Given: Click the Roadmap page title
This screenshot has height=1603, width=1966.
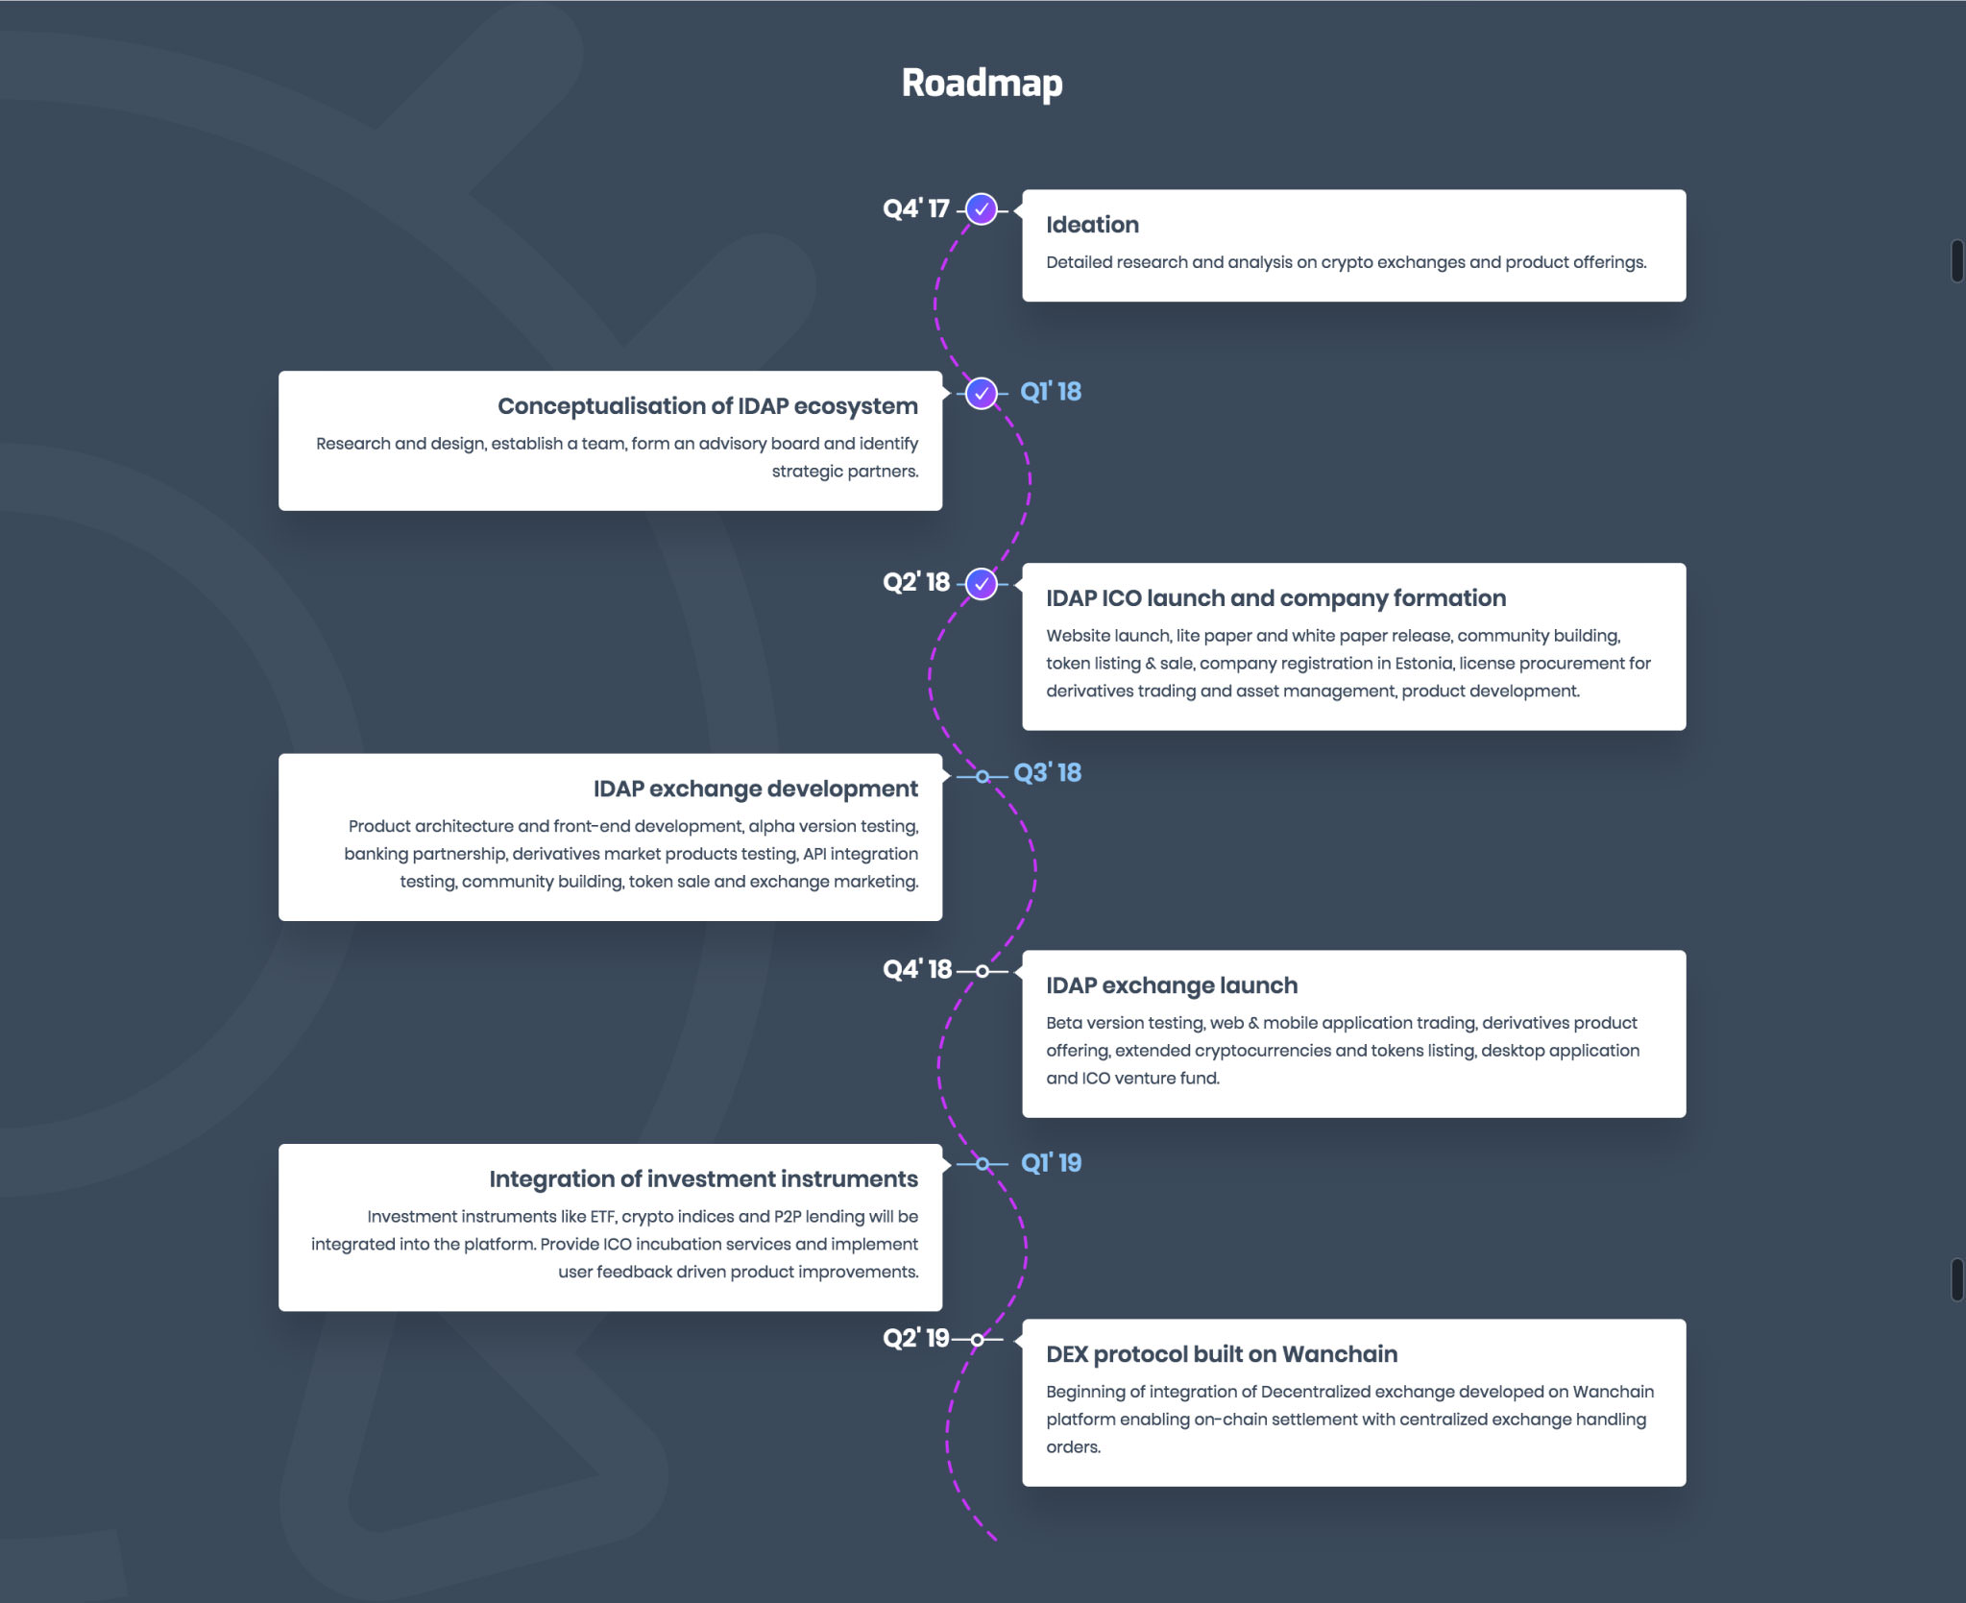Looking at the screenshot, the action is pyautogui.click(x=982, y=84).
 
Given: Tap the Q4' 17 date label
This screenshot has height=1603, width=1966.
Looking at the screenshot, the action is pyautogui.click(x=916, y=208).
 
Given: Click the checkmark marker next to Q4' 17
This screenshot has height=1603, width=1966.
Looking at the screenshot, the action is pyautogui.click(x=981, y=209).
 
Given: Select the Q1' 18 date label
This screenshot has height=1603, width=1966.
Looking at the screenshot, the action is pyautogui.click(x=1051, y=392).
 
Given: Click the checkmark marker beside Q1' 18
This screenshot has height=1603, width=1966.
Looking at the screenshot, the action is pyautogui.click(x=981, y=393).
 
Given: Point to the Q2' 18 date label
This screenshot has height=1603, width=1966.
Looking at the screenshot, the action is pyautogui.click(x=916, y=582).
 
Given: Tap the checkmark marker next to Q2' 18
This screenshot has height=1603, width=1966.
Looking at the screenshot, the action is pyautogui.click(x=981, y=583).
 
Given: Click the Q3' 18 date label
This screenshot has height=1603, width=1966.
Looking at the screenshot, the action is pyautogui.click(x=1048, y=773).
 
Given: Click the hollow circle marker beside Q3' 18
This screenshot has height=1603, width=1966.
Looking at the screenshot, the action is pyautogui.click(x=982, y=776).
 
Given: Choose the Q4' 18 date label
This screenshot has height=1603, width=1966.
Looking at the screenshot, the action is pyautogui.click(x=917, y=969).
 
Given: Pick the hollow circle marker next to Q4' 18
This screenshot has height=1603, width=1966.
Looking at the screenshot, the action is pyautogui.click(x=982, y=971).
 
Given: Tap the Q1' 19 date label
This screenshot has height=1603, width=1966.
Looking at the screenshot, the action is pyautogui.click(x=1052, y=1163).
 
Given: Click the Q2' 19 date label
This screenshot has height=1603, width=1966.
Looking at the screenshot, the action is pyautogui.click(x=916, y=1338).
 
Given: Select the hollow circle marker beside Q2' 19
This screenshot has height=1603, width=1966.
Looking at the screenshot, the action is pyautogui.click(x=977, y=1340).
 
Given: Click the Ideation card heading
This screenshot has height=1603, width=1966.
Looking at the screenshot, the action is pyautogui.click(x=1092, y=225).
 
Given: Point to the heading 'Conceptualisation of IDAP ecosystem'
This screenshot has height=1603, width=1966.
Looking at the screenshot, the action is pyautogui.click(x=708, y=406).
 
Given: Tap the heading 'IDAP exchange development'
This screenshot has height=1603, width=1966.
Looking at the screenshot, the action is pyautogui.click(x=756, y=789).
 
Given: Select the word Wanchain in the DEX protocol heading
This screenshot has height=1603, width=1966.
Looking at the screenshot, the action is pyautogui.click(x=1340, y=1354).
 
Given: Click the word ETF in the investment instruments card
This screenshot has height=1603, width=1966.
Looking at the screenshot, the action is pyautogui.click(x=602, y=1217).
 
